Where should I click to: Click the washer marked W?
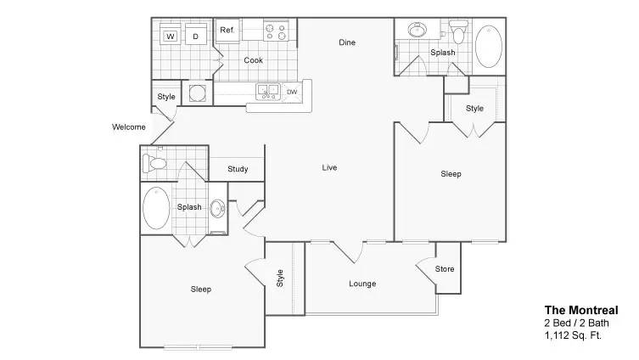pos(171,34)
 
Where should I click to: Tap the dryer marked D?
pos(196,34)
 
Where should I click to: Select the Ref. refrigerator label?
pos(227,30)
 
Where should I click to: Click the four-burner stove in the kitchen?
pos(276,31)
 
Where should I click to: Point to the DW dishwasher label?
pos(292,93)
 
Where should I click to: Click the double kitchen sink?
pos(268,92)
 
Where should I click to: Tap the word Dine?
pos(347,42)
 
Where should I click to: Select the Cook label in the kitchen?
pos(254,60)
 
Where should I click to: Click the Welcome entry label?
pos(129,127)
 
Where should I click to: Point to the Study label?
pos(238,169)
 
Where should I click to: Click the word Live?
pos(330,167)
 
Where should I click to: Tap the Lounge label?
pos(362,284)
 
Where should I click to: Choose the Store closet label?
pos(445,269)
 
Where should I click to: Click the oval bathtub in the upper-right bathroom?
pos(489,47)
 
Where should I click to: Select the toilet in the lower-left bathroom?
pos(154,164)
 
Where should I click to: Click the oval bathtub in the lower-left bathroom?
pos(156,208)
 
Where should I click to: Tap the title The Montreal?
pos(581,311)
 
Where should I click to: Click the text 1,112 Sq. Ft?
pos(573,336)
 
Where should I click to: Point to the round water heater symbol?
pos(198,93)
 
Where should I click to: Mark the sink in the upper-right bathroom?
pos(418,30)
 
